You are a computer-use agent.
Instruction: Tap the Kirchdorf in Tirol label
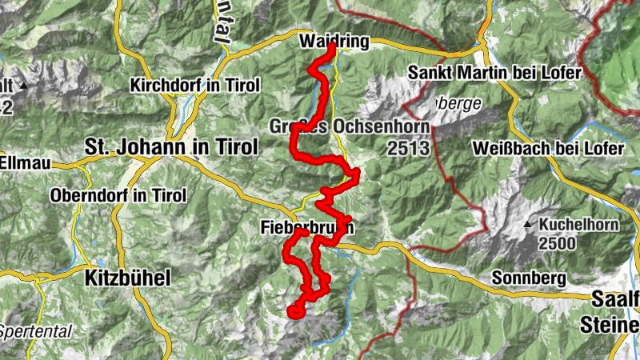click(195, 85)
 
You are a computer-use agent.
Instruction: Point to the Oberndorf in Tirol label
click(118, 195)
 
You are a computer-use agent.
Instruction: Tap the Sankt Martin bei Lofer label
click(494, 73)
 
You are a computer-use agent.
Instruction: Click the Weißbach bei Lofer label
click(542, 150)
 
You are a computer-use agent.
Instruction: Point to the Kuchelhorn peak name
click(579, 225)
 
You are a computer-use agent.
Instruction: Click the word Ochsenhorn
click(381, 128)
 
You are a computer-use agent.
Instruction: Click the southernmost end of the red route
click(294, 312)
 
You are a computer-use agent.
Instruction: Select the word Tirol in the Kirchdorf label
click(241, 85)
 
